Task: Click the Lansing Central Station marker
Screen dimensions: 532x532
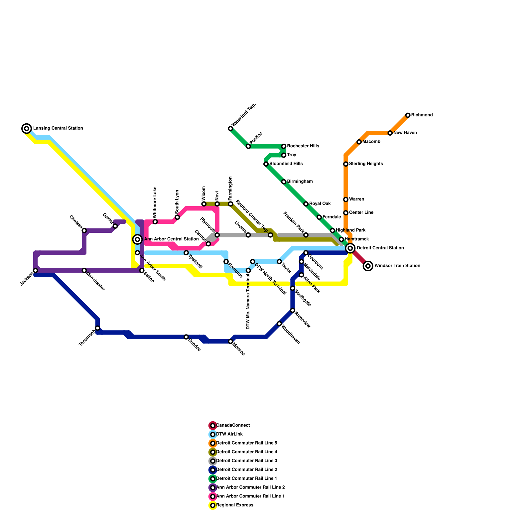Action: (x=27, y=128)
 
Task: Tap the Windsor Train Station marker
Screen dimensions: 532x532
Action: (x=368, y=266)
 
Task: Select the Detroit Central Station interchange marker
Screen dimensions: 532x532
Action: (x=350, y=248)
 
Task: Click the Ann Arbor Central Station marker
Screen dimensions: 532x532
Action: (x=137, y=239)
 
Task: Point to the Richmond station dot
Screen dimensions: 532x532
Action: (x=408, y=115)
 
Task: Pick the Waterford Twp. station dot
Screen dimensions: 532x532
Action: (x=230, y=129)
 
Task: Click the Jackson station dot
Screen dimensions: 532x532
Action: (x=36, y=271)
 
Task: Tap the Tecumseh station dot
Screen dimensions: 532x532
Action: (x=97, y=328)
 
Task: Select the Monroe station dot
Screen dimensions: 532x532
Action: (x=230, y=341)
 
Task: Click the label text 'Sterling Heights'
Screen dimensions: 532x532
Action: (x=366, y=164)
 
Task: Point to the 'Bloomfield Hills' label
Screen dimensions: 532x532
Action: (x=286, y=164)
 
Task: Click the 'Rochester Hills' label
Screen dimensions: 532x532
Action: (x=303, y=146)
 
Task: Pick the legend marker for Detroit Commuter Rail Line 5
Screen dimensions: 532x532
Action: (x=213, y=443)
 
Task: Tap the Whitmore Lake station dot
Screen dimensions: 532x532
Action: (x=155, y=222)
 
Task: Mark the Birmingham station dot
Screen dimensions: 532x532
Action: (x=284, y=182)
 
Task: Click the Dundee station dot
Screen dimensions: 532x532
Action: (x=186, y=337)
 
